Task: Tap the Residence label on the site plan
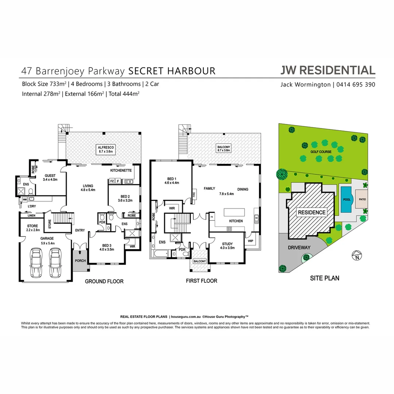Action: point(312,212)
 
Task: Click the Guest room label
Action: point(50,177)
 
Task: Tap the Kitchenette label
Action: point(121,170)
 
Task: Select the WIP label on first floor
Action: point(250,241)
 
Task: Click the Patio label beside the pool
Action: point(362,199)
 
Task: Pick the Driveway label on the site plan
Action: point(299,247)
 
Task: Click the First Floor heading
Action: point(201,281)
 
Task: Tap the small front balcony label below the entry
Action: point(200,261)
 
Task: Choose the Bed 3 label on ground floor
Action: point(107,247)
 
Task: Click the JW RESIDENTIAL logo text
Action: point(328,70)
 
